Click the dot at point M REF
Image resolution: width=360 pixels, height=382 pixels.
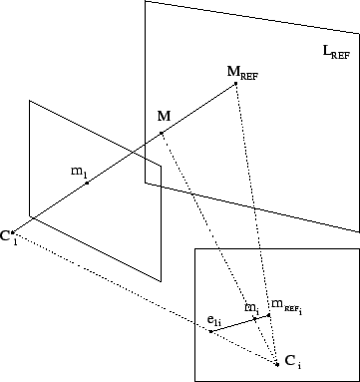pos(235,84)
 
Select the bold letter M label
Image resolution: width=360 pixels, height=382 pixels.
pos(164,118)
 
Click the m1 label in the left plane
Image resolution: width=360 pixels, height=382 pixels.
pos(79,172)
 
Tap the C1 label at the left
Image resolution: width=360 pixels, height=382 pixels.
pos(8,236)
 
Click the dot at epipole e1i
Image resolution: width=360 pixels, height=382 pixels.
pos(210,330)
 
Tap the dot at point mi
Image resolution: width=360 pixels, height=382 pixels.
pos(254,318)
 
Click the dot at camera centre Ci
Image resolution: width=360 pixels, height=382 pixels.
pos(278,365)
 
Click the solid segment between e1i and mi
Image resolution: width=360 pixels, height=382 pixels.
pos(232,324)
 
